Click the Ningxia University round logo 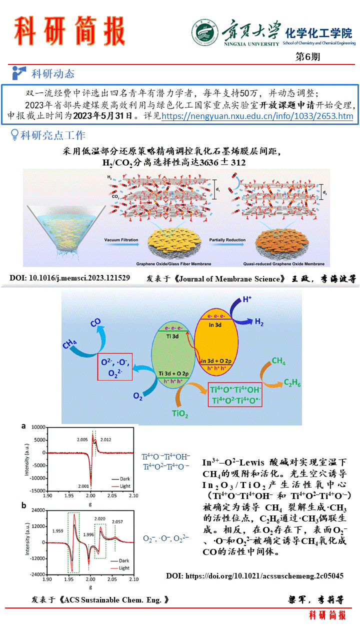(204, 33)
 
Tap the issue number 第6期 (308, 56)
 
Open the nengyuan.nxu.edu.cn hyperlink (257, 116)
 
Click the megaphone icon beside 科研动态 (19, 73)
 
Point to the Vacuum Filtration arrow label (121, 240)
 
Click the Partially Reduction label (227, 240)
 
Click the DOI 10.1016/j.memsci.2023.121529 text (70, 278)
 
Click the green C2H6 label (292, 383)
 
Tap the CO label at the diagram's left (96, 323)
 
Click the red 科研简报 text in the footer (327, 615)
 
